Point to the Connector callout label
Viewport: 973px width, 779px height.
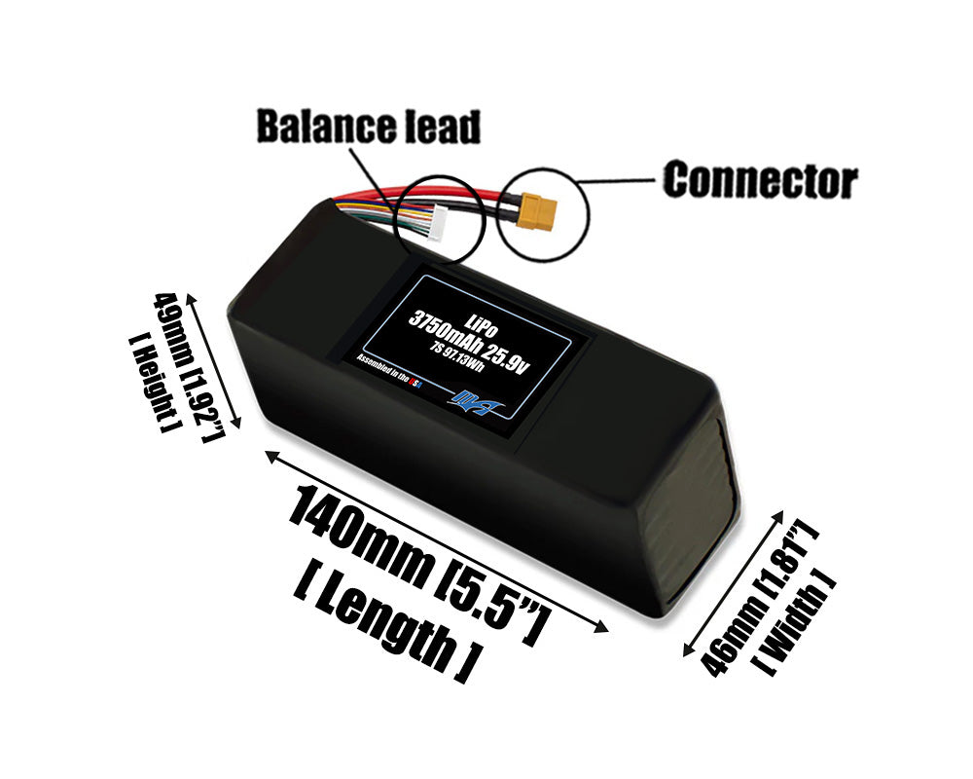click(x=759, y=180)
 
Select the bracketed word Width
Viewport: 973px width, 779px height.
click(x=798, y=623)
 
